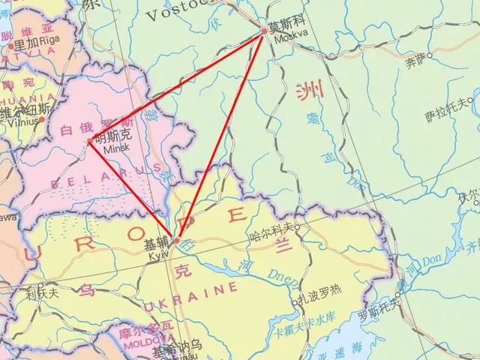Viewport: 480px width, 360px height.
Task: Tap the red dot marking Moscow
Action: point(264,31)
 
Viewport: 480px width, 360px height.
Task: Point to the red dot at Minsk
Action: point(90,139)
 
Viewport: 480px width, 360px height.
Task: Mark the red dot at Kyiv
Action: point(175,241)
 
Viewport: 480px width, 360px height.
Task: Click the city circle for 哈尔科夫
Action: point(297,226)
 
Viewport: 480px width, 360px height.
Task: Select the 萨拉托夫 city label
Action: point(445,113)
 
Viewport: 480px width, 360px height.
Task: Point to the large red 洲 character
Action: point(307,92)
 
